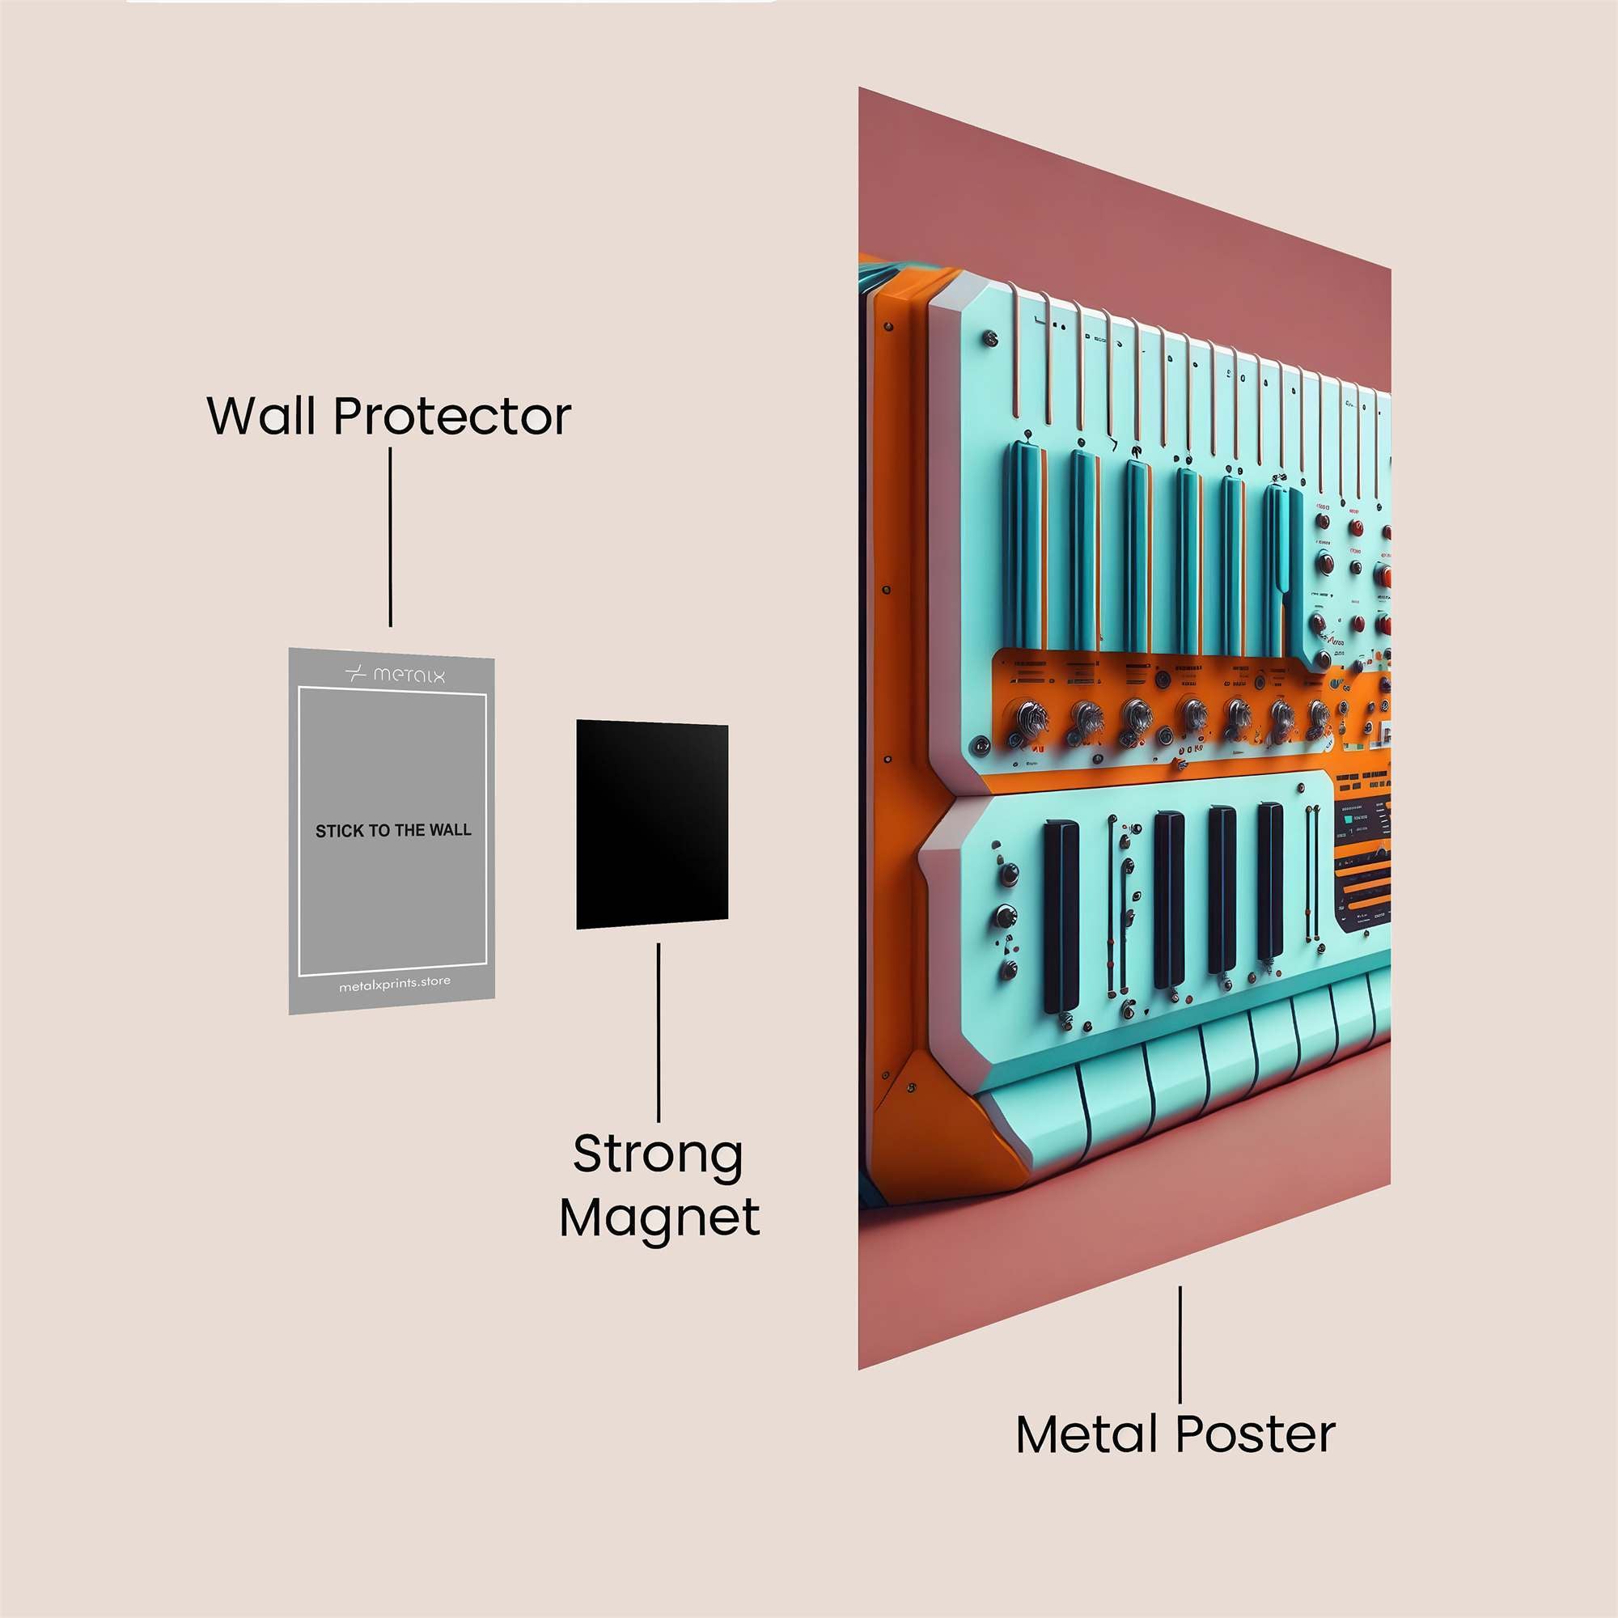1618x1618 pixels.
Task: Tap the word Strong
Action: [x=659, y=1157]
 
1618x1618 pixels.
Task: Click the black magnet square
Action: [x=651, y=824]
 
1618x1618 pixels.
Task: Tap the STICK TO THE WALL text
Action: [x=393, y=831]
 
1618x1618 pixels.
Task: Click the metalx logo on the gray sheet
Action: [x=395, y=674]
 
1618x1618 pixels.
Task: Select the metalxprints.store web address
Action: [x=395, y=984]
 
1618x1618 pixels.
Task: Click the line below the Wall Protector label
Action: [x=390, y=536]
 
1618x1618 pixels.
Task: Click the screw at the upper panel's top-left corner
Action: [x=991, y=338]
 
